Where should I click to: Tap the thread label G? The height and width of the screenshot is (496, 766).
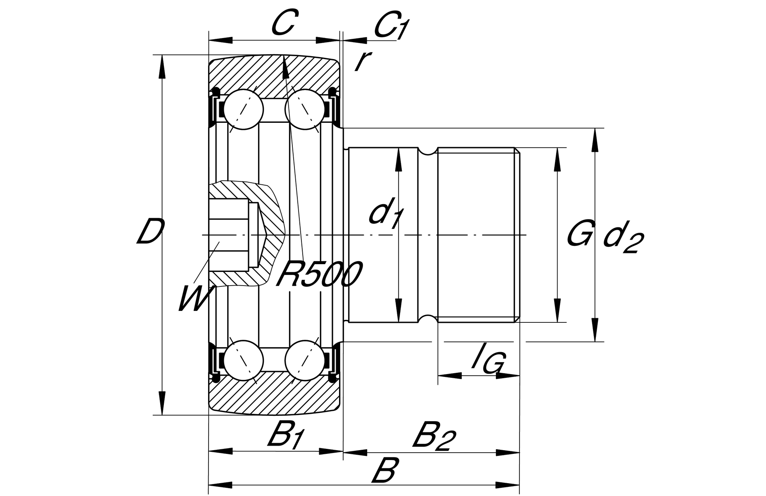click(x=581, y=233)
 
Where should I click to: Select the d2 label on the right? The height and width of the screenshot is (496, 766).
click(x=623, y=238)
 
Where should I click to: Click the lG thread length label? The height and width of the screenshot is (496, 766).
click(x=489, y=362)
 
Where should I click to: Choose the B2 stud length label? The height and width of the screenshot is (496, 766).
click(x=434, y=436)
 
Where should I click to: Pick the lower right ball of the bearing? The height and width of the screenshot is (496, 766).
click(x=305, y=360)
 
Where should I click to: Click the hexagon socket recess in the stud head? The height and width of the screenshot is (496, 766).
click(x=229, y=234)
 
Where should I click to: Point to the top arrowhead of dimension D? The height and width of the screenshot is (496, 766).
click(x=162, y=66)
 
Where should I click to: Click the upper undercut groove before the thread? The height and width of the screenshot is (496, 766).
click(x=428, y=152)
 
